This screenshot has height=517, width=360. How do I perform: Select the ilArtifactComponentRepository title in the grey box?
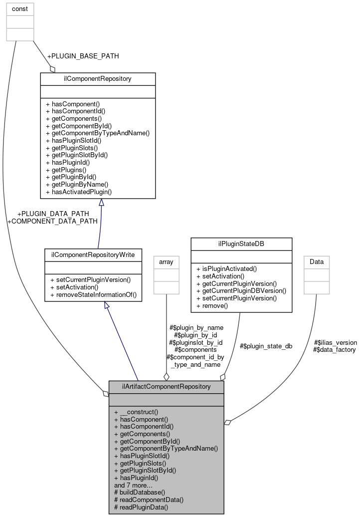[166, 386]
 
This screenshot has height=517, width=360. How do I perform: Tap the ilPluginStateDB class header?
[241, 244]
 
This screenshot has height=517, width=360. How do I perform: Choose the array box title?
[166, 261]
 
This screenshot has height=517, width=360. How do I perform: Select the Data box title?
[317, 261]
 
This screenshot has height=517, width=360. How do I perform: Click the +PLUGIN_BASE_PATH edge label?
[83, 56]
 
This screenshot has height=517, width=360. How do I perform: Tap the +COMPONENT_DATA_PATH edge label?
[52, 221]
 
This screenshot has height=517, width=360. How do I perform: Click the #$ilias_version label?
[335, 342]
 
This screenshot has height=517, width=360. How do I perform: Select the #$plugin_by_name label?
[196, 327]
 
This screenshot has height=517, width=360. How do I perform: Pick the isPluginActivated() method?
[226, 268]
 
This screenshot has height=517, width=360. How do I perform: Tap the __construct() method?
[136, 412]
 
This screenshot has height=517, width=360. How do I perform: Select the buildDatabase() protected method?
[133, 492]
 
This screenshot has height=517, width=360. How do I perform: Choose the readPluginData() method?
[141, 507]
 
